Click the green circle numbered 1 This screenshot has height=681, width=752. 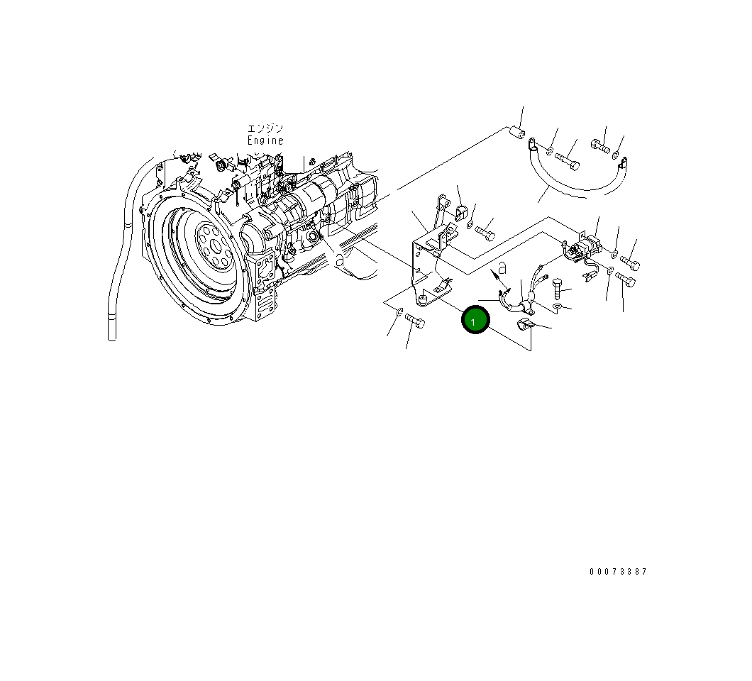pos(475,319)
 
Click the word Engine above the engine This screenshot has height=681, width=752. pos(265,140)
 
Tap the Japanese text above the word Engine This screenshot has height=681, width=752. pos(265,128)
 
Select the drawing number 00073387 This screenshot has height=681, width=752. pos(618,571)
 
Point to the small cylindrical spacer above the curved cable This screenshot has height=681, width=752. pos(517,133)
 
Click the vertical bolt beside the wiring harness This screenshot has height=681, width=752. pos(557,288)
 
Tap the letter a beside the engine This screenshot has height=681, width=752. pos(340,260)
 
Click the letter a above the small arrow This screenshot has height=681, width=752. pos(502,267)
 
